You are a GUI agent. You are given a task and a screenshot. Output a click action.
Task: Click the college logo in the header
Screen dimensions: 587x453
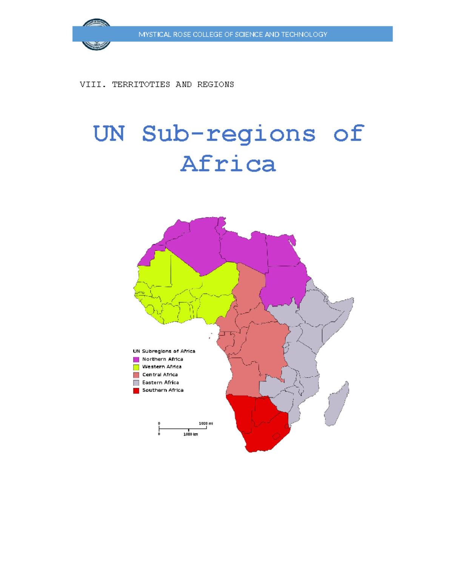pyautogui.click(x=96, y=34)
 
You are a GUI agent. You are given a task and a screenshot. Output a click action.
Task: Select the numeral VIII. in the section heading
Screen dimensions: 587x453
pyautogui.click(x=91, y=84)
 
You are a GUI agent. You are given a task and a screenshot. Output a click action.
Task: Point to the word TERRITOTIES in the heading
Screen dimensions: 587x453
pyautogui.click(x=141, y=84)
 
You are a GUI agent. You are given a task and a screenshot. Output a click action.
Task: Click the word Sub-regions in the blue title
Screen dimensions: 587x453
pyautogui.click(x=228, y=134)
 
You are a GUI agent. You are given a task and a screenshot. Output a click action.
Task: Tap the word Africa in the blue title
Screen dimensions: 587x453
pyautogui.click(x=228, y=164)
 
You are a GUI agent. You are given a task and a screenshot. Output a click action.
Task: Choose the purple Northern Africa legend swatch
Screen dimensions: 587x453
pyautogui.click(x=136, y=359)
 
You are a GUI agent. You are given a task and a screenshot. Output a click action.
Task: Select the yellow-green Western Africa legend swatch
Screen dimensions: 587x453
pyautogui.click(x=136, y=367)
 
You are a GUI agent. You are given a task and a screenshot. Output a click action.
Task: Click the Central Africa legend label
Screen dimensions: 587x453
pyautogui.click(x=160, y=375)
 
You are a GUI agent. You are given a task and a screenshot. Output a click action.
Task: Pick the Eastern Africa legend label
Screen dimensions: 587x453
pyautogui.click(x=160, y=383)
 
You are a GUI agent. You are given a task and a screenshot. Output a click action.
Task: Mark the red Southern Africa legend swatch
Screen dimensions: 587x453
pyautogui.click(x=136, y=390)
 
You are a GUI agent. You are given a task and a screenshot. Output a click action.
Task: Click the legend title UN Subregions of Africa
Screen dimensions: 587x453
pyautogui.click(x=164, y=351)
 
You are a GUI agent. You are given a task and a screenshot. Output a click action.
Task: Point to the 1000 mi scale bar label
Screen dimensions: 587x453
pyautogui.click(x=206, y=423)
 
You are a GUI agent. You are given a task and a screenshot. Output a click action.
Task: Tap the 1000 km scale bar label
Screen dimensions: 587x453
pyautogui.click(x=191, y=434)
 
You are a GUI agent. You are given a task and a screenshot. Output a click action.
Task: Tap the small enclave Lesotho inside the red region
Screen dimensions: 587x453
pyautogui.click(x=276, y=436)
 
